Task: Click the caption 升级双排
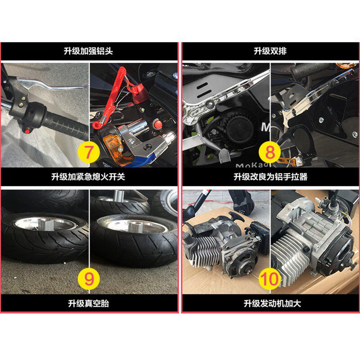[x=270, y=51]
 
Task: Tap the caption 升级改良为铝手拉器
[x=270, y=177]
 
